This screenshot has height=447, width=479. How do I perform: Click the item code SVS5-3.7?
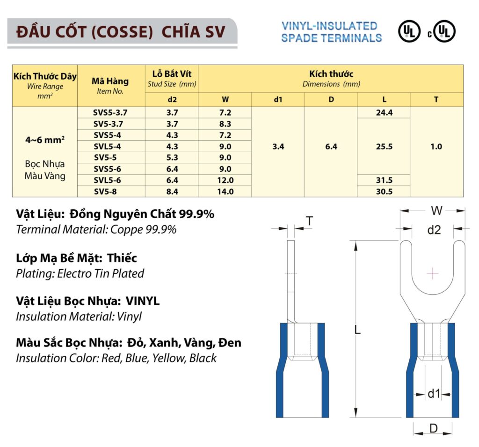110,112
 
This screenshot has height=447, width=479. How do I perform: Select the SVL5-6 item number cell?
110,180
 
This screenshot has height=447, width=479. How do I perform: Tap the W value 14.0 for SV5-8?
225,191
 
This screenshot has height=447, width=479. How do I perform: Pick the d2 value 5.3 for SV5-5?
172,158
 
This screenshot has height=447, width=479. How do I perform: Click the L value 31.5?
384,180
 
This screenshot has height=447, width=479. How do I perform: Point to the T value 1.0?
436,147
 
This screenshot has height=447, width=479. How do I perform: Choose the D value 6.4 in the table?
331,147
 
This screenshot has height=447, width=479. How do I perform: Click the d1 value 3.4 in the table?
278,147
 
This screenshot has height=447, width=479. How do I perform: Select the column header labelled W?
225,99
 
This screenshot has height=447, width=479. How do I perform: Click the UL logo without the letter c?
409,32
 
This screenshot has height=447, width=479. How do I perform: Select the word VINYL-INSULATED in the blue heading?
329,26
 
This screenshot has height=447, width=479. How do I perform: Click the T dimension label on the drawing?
309,221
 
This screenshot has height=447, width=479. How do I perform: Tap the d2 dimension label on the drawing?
434,230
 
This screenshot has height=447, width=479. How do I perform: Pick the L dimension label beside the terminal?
357,330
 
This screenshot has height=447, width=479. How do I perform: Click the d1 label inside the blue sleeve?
434,394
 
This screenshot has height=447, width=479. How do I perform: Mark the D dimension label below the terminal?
433,428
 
